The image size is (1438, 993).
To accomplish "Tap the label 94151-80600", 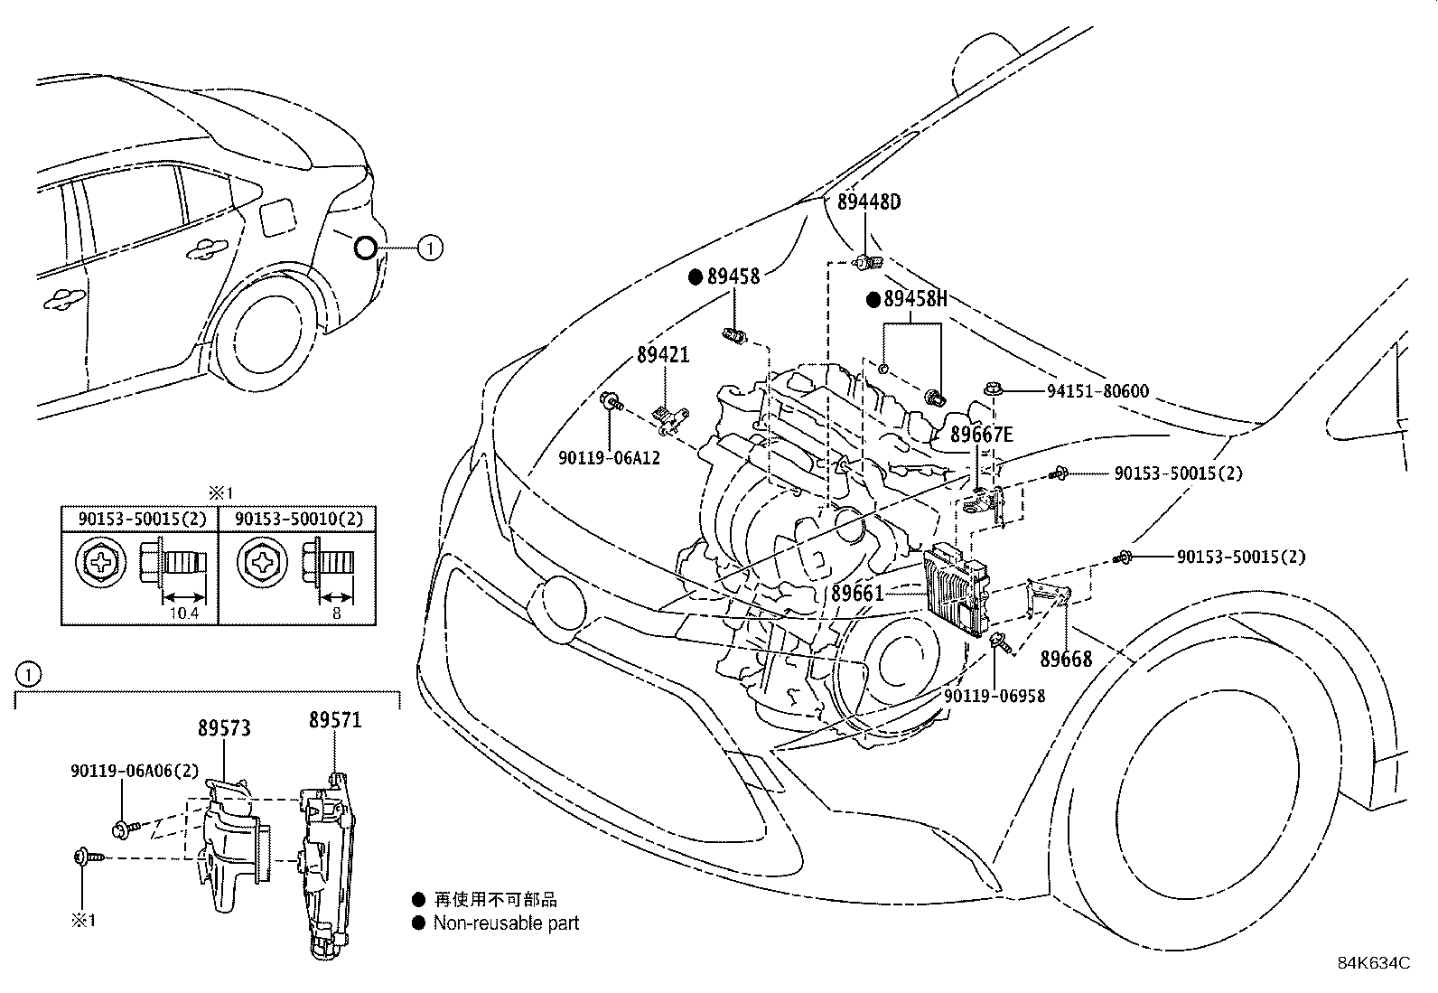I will pyautogui.click(x=1097, y=391).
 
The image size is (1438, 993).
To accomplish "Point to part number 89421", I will pyautogui.click(x=662, y=355).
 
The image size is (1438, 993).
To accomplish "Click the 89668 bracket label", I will pyautogui.click(x=1066, y=659).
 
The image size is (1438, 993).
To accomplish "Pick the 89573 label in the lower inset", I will pyautogui.click(x=224, y=728).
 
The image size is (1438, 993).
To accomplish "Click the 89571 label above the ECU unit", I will pyautogui.click(x=335, y=720).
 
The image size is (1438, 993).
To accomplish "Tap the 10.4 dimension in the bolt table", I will pyautogui.click(x=182, y=614).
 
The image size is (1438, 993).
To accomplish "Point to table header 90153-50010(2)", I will pyautogui.click(x=299, y=519).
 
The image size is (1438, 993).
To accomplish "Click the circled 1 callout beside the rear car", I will pyautogui.click(x=430, y=247).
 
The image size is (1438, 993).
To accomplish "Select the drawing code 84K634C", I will pyautogui.click(x=1373, y=963).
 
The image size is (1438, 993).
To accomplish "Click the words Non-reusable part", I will pyautogui.click(x=506, y=923).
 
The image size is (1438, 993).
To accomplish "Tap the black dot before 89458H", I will pyautogui.click(x=873, y=300).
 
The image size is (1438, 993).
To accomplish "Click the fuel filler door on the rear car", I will pyautogui.click(x=278, y=216).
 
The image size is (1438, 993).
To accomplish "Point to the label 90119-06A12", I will pyautogui.click(x=609, y=458).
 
